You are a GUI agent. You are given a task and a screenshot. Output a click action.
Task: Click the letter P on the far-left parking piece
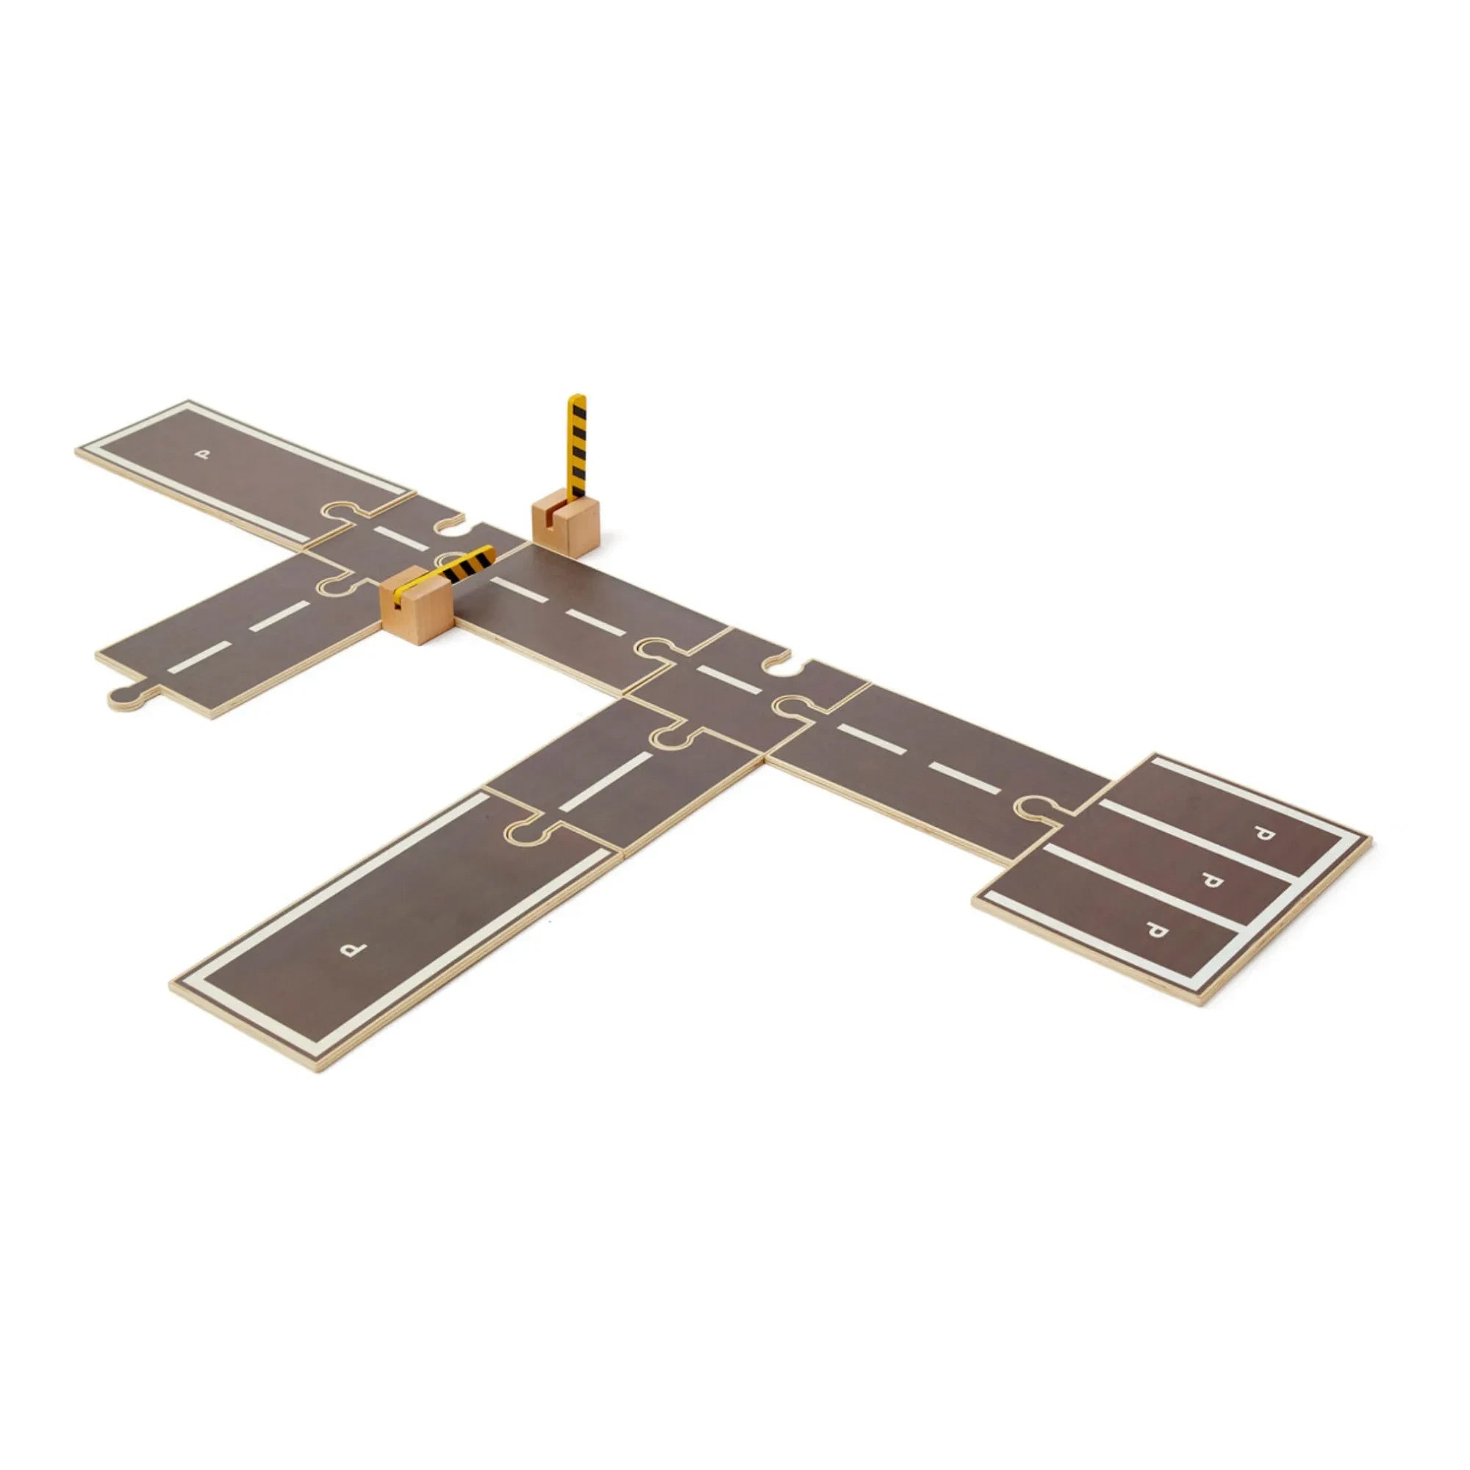[x=201, y=455]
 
